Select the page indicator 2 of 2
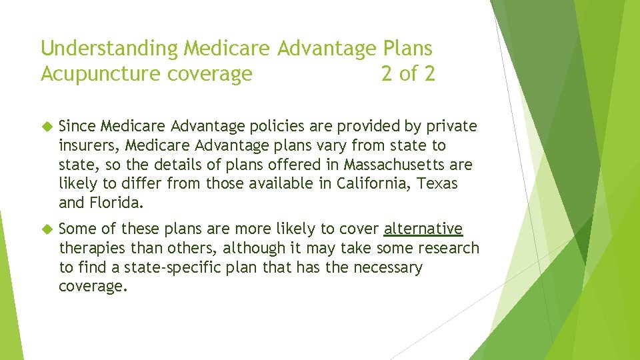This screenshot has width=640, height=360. point(408,74)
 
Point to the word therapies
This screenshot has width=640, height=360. point(91,249)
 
